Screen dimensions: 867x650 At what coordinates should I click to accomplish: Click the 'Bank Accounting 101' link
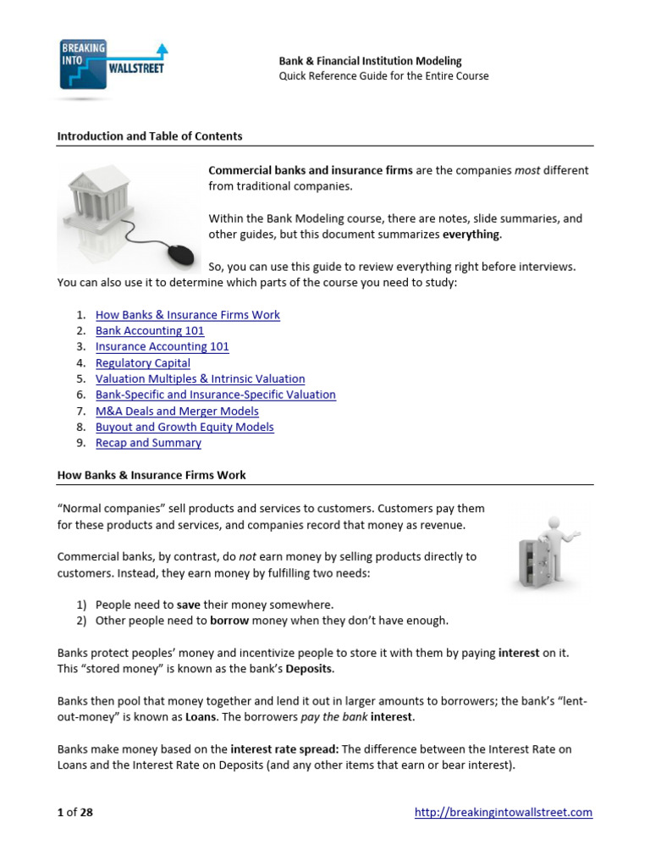[150, 331]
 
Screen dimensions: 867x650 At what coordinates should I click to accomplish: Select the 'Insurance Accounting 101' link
[162, 347]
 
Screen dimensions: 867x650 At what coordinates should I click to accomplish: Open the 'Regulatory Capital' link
[142, 363]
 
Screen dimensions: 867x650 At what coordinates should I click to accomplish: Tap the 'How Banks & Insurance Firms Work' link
[187, 315]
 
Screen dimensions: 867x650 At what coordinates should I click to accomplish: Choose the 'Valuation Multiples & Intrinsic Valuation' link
[200, 379]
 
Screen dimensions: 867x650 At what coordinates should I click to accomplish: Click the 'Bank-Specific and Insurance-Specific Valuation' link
[215, 395]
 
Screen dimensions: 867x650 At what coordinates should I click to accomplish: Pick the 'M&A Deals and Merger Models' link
[177, 411]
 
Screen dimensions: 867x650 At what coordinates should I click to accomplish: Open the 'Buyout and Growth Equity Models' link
[185, 428]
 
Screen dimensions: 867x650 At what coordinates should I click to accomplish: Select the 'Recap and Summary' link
[148, 444]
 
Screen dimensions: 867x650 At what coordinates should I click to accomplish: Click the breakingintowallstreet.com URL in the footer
[503, 813]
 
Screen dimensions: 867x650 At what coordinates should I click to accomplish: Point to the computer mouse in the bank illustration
[180, 253]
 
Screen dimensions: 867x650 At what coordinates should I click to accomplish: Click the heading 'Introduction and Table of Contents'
[149, 136]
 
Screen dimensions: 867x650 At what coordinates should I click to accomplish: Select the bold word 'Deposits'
[309, 669]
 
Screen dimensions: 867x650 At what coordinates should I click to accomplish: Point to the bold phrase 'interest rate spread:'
[284, 749]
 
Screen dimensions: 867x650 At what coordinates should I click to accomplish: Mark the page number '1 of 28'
[74, 813]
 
